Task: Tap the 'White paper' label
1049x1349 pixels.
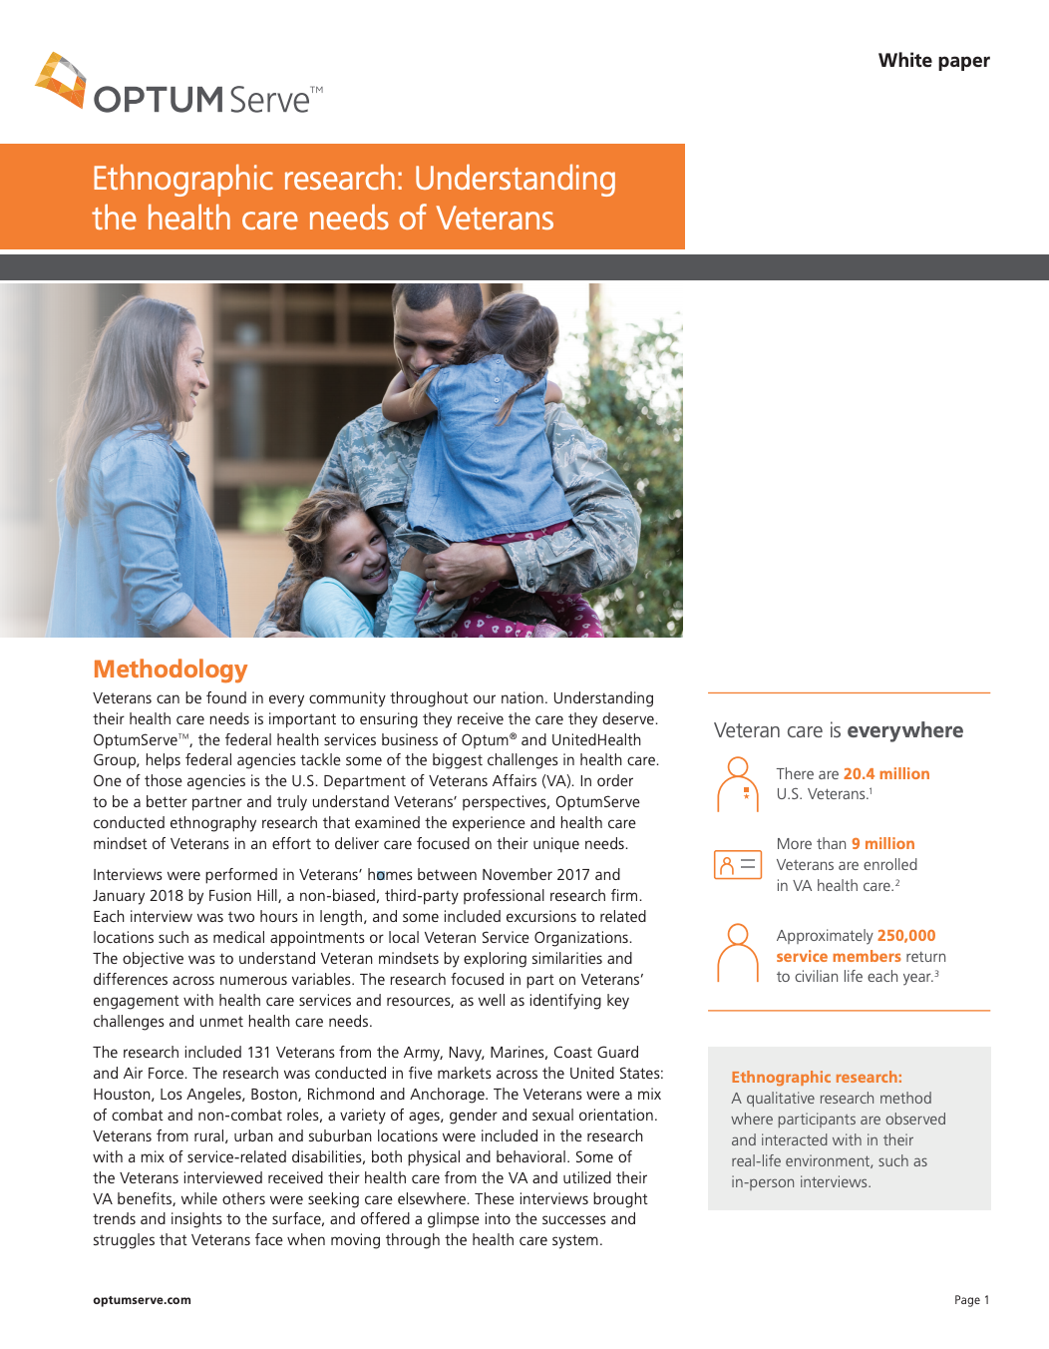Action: [x=933, y=61]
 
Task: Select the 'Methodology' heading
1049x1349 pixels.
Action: [x=171, y=670]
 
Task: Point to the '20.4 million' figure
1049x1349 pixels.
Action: [x=885, y=774]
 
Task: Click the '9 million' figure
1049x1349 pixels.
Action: [x=882, y=844]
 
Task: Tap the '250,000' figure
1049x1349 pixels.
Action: [x=905, y=936]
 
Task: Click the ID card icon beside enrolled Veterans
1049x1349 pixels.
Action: [x=737, y=864]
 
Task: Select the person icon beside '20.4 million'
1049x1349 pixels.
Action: [x=738, y=784]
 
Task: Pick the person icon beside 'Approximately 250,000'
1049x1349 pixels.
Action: [x=738, y=953]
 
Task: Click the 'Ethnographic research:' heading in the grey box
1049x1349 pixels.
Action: [x=816, y=1078]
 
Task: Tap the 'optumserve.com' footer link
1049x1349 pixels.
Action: [x=142, y=1300]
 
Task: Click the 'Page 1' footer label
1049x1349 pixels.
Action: [x=971, y=1300]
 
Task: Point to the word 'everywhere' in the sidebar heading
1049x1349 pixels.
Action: [x=904, y=731]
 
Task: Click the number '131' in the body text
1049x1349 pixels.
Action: [x=258, y=1053]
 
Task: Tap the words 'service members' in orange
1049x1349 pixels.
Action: [x=839, y=957]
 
